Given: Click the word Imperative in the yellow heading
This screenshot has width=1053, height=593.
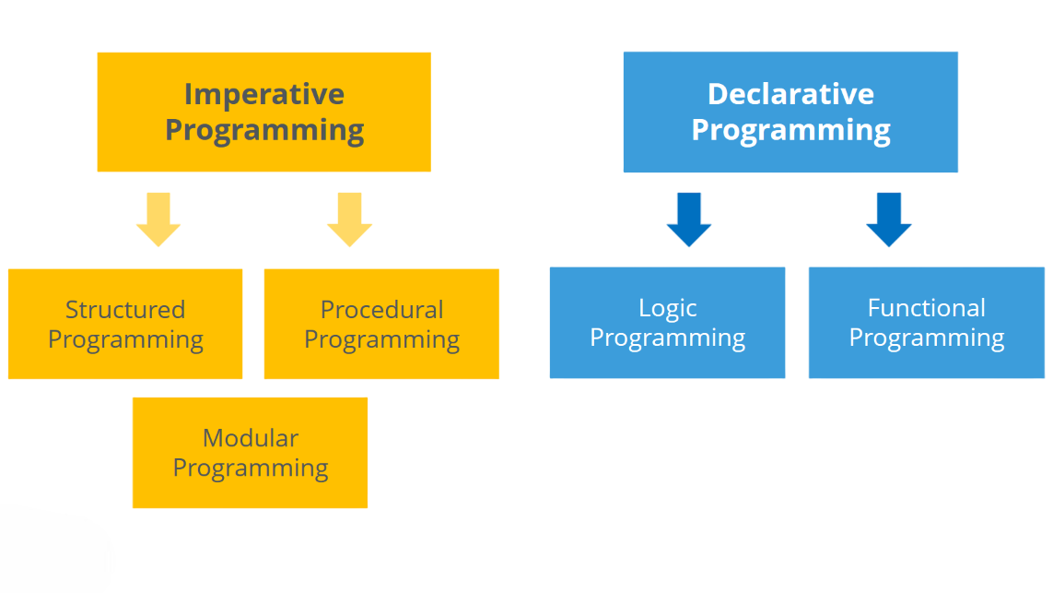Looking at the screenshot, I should [x=263, y=94].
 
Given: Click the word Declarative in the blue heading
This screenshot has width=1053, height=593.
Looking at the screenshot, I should [x=790, y=94].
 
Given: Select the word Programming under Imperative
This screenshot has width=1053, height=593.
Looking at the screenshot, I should [x=264, y=130].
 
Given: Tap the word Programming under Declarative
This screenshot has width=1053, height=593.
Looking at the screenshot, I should [x=790, y=130].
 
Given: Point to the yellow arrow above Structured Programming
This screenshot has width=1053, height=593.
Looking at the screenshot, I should [x=158, y=219].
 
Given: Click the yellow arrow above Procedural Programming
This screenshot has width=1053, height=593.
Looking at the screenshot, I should [x=349, y=219].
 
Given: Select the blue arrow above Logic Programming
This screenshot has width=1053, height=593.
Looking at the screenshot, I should [x=689, y=219].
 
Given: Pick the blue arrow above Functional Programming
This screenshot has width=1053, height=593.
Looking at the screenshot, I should [x=889, y=219].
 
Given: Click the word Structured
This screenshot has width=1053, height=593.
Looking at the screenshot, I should [x=125, y=309].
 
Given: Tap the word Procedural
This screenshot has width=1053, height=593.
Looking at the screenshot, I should [x=381, y=309].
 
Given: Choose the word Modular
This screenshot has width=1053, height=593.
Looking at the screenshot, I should [x=251, y=438].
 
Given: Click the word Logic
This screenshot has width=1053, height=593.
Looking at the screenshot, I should [x=668, y=308].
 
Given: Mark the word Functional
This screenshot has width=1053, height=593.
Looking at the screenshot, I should [x=926, y=308].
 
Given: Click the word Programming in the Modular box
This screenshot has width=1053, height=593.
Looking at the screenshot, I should [x=251, y=468].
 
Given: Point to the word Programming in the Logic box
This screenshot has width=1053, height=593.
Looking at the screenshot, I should [x=668, y=338].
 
